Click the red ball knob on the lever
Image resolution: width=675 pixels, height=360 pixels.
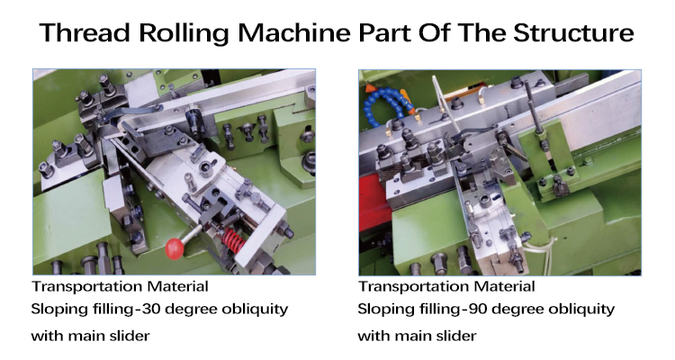click(x=175, y=249)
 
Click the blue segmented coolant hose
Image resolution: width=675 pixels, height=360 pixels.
click(x=384, y=106)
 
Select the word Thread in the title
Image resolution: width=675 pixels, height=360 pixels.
click(x=85, y=32)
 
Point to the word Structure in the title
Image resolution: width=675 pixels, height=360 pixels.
click(x=573, y=32)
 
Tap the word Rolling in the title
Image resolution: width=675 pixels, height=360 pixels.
click(x=184, y=33)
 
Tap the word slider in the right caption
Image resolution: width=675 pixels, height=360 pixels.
click(x=456, y=336)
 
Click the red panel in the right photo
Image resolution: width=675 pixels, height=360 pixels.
click(x=370, y=202)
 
